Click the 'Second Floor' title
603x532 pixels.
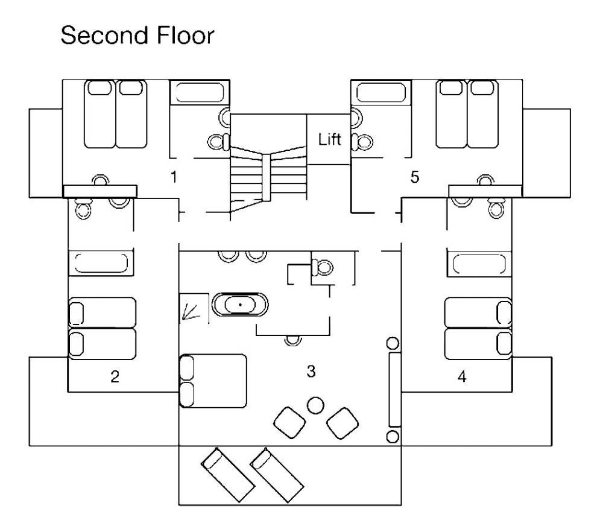[x=137, y=36]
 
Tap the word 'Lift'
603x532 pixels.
[x=330, y=140]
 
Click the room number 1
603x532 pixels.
[x=174, y=177]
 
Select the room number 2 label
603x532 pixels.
[x=115, y=377]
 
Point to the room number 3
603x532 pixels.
[x=311, y=372]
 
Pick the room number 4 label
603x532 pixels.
[x=462, y=377]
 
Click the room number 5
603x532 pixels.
[x=414, y=177]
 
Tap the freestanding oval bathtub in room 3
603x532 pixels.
[x=241, y=305]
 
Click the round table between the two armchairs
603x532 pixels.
[x=315, y=405]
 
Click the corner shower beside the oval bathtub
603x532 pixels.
[x=194, y=308]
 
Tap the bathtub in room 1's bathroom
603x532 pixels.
[x=198, y=92]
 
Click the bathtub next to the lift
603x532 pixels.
[x=382, y=92]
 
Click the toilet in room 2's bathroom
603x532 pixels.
[x=81, y=208]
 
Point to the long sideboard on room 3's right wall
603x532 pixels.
[x=395, y=389]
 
